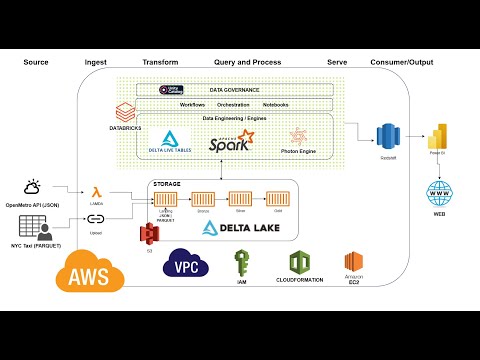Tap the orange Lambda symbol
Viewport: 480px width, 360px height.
96,191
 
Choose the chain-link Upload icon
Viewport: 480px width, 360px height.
96,218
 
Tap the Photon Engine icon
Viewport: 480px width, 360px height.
298,137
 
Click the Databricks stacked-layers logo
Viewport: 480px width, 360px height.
126,112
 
